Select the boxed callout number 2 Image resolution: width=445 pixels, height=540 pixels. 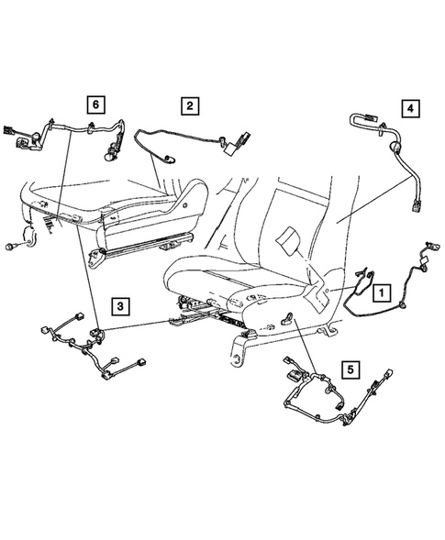click(188, 106)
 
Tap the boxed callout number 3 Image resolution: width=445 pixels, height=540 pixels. click(121, 305)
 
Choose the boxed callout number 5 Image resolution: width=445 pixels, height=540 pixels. click(348, 371)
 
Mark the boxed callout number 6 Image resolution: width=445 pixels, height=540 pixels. click(95, 104)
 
